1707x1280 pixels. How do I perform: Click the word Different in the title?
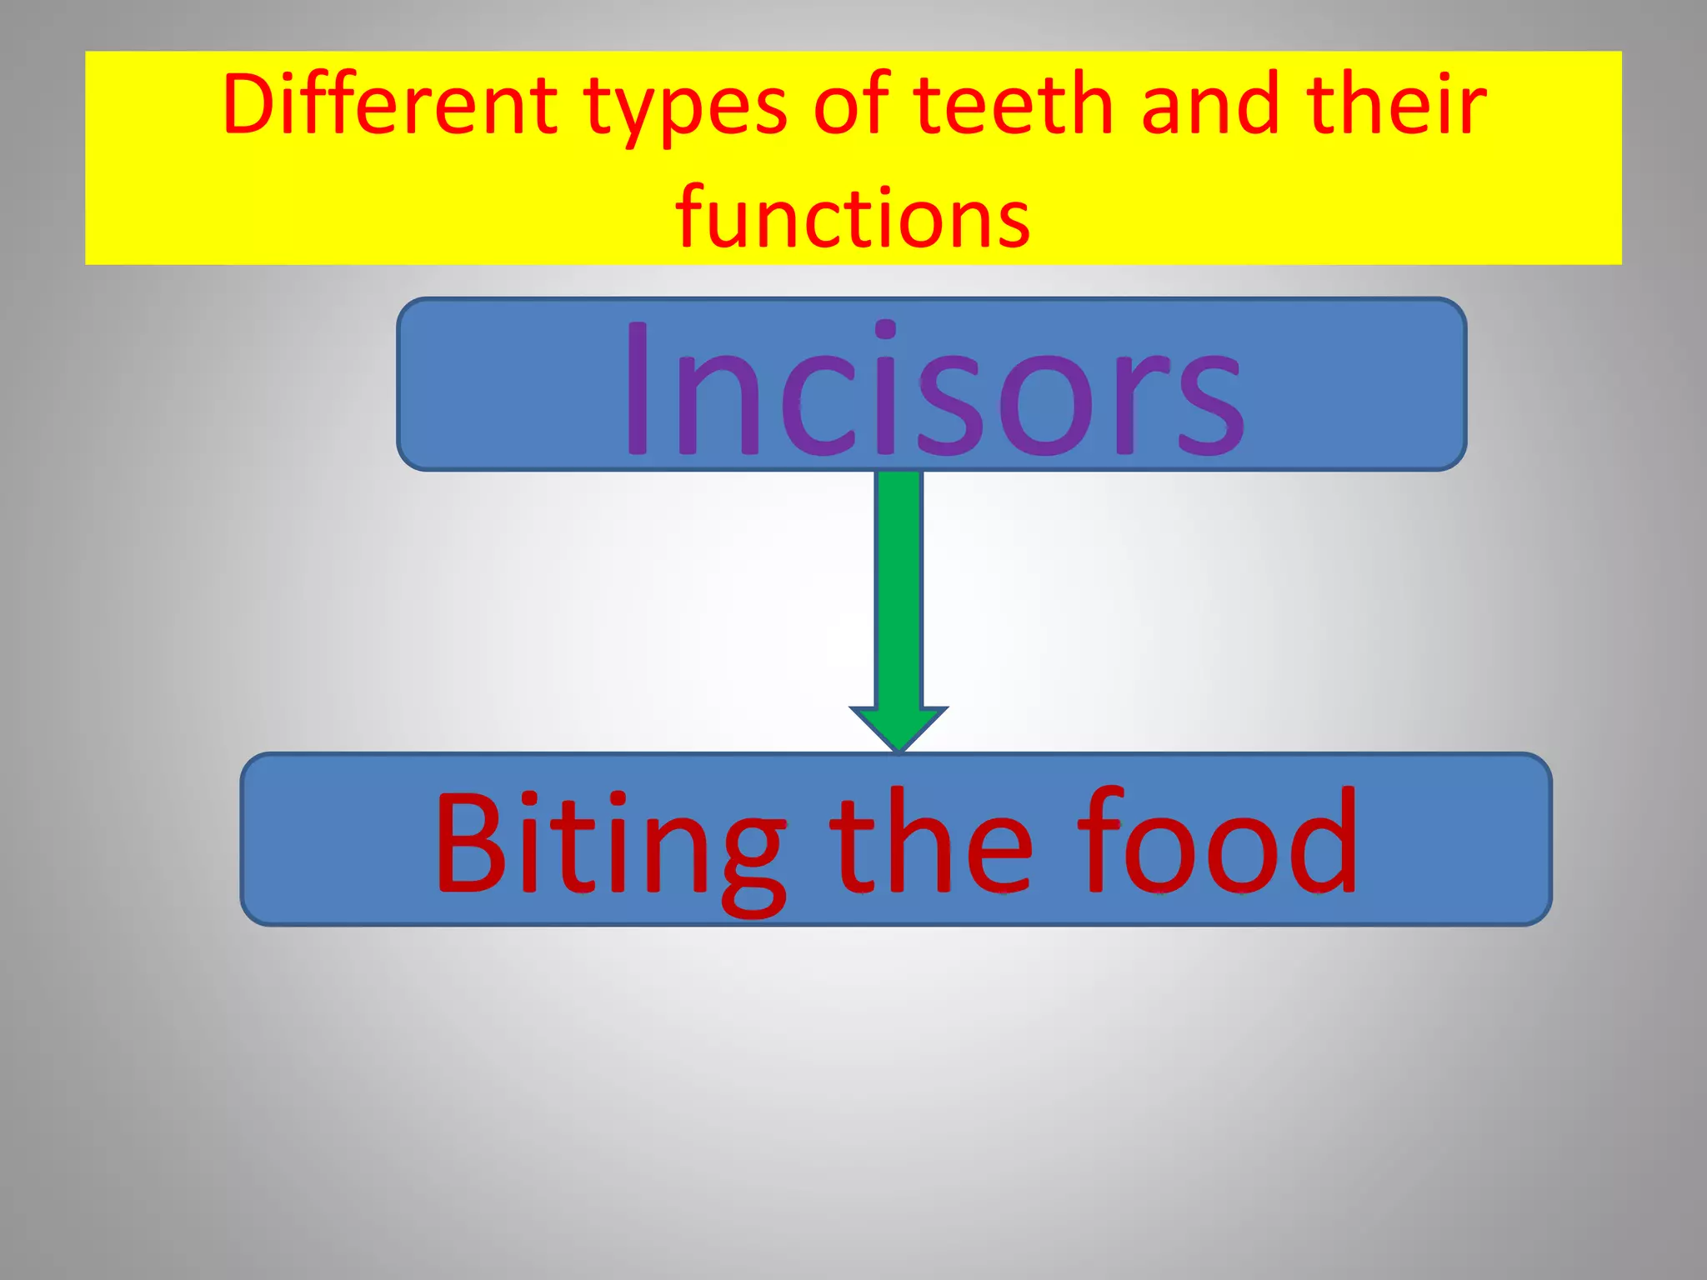point(389,106)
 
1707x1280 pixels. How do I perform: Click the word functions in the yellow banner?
point(853,218)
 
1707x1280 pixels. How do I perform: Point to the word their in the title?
point(1396,106)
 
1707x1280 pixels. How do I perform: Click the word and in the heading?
point(1209,106)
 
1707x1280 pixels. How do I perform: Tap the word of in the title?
point(851,106)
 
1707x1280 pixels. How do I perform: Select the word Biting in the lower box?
point(609,846)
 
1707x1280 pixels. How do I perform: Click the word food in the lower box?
point(1217,842)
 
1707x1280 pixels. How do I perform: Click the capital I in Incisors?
point(638,390)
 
